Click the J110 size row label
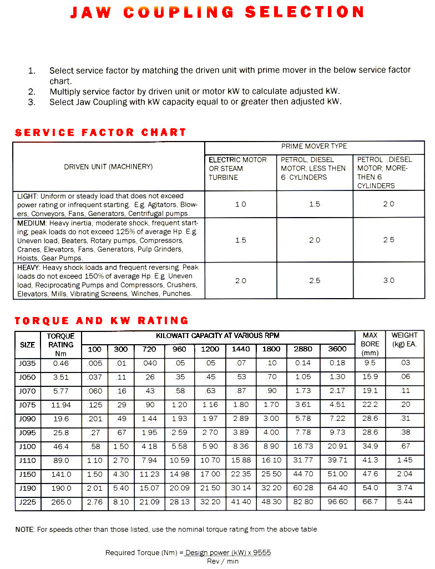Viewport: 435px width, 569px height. point(27,460)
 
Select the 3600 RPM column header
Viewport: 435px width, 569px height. point(337,349)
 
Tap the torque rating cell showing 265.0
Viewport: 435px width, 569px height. point(61,502)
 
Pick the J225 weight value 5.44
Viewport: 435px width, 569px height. point(404,502)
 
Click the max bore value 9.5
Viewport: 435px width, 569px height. point(370,363)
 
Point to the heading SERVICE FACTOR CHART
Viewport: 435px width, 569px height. point(100,133)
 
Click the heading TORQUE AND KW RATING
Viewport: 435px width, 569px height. point(102,321)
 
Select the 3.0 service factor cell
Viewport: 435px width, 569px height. point(388,280)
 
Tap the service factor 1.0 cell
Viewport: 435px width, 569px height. point(240,204)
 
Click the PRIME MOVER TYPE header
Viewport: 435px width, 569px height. point(314,147)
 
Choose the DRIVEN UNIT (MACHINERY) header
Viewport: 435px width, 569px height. point(108,167)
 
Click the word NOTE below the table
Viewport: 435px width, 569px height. point(25,530)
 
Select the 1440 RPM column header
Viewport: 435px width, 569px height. point(240,349)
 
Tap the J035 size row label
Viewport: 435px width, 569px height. point(27,363)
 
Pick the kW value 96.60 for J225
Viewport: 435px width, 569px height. point(337,502)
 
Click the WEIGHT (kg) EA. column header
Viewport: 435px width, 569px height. point(404,339)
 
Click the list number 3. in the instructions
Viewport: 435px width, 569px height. point(32,102)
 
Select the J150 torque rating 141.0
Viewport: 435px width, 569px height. point(61,474)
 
